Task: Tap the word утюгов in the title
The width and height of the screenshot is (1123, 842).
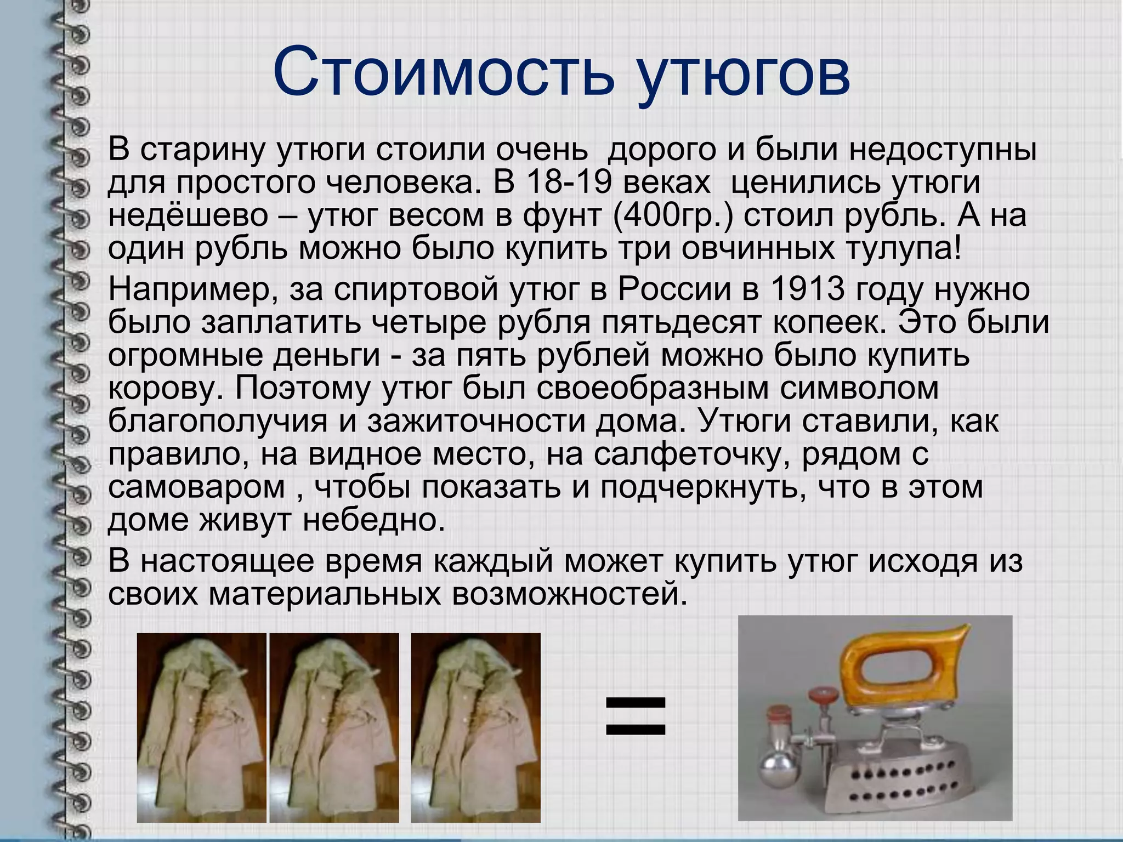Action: point(743,77)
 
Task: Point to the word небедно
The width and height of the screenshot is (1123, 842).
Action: point(373,519)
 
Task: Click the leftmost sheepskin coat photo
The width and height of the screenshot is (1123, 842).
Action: point(201,727)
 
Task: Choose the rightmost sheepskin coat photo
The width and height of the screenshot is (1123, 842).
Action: point(475,727)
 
